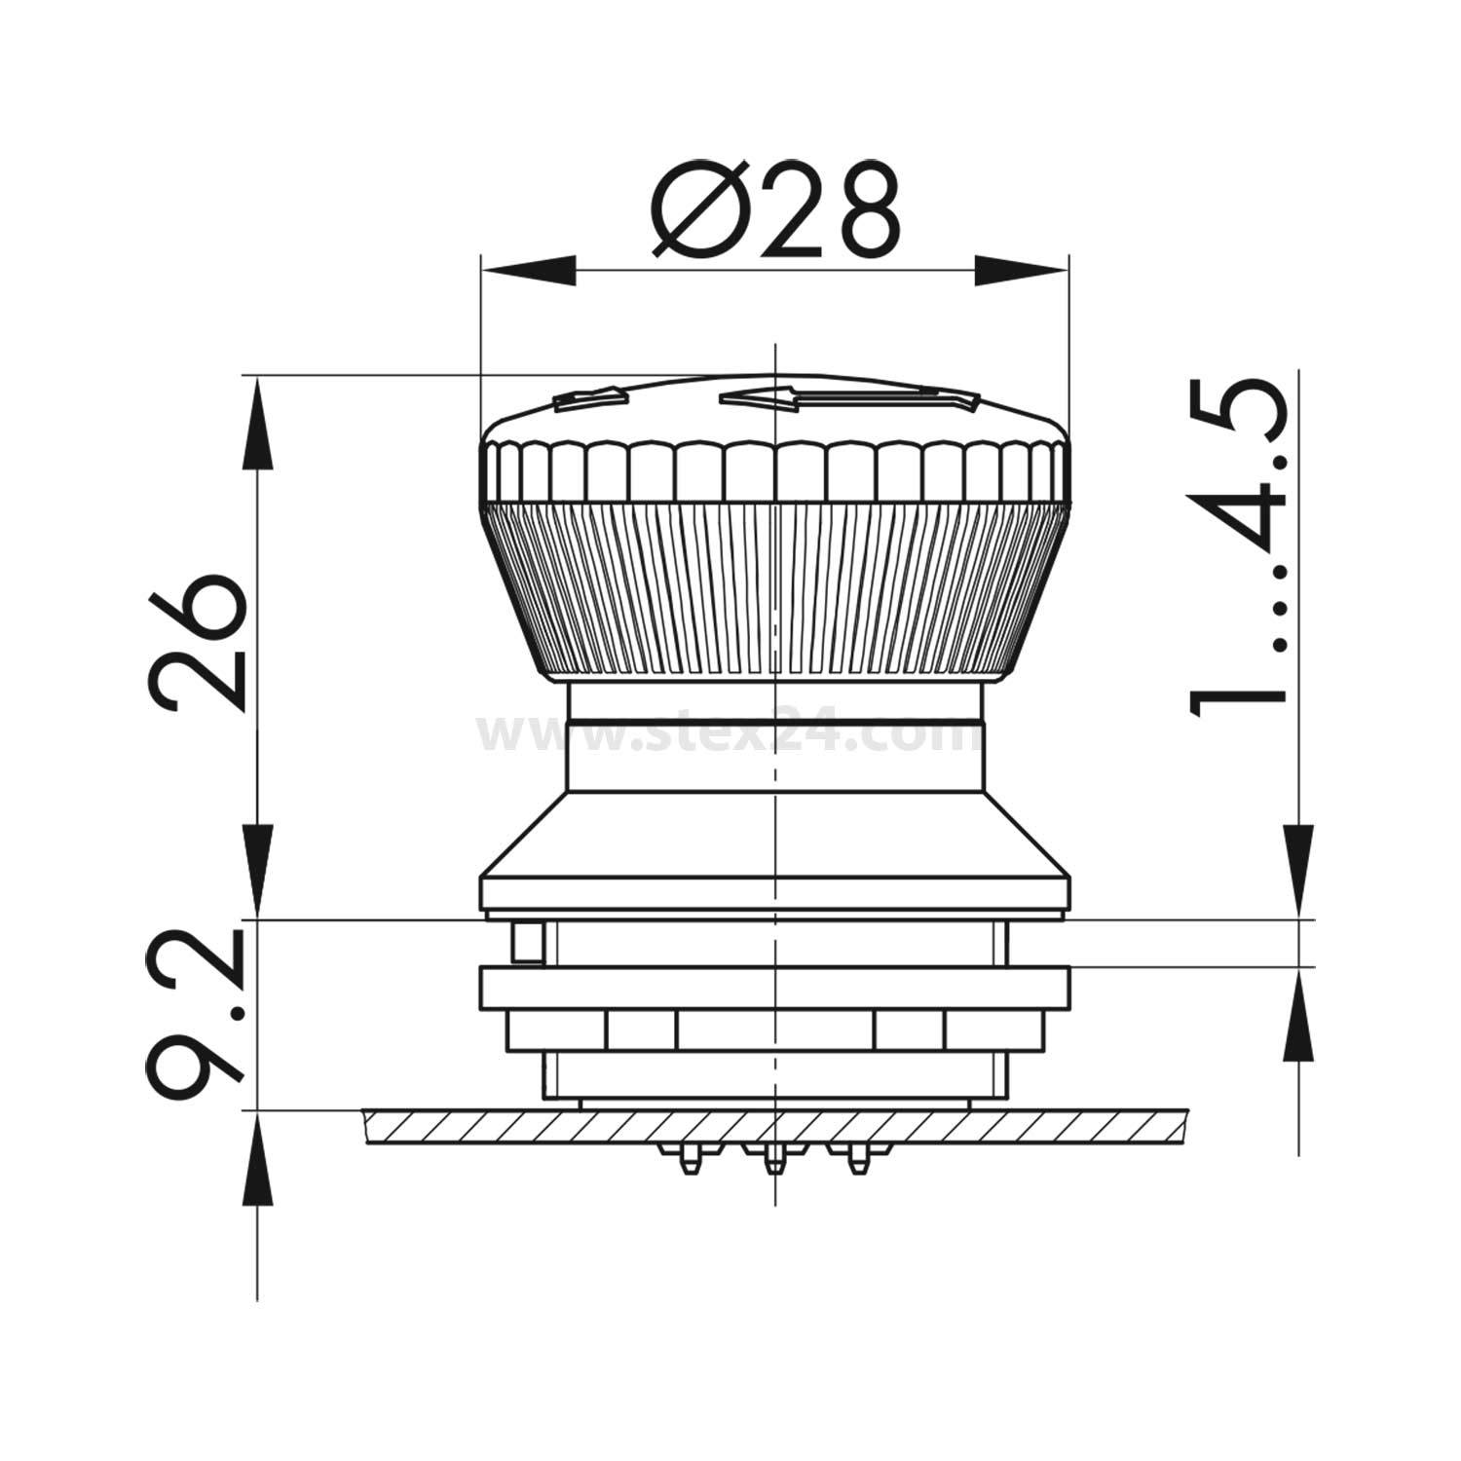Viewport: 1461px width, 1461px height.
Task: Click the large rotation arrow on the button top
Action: click(847, 397)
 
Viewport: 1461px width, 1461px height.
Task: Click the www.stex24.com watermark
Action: click(730, 736)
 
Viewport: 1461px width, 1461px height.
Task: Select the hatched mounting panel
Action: click(774, 1127)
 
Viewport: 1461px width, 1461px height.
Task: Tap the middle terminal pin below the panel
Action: click(773, 1158)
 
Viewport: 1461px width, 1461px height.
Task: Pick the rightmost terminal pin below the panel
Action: click(856, 1157)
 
